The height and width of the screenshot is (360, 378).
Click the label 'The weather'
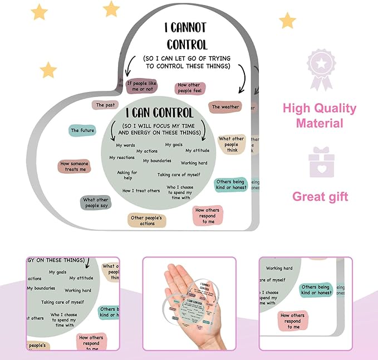tap(225, 107)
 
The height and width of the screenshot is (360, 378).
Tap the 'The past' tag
tap(105, 105)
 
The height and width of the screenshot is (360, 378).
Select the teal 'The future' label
tap(82, 130)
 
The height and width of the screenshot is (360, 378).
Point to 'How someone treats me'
tap(74, 166)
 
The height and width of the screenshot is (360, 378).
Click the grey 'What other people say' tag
tap(95, 203)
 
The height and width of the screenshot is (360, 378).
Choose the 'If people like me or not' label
tap(139, 86)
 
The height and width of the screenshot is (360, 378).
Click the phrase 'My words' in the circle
tap(125, 145)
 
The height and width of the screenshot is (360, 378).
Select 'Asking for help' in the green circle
tap(127, 176)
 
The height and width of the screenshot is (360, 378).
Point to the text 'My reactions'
tap(122, 158)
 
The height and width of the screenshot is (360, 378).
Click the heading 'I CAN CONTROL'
tap(159, 113)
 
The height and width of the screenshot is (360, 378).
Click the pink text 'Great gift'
tap(320, 196)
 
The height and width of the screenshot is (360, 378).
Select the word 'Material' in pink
tap(319, 123)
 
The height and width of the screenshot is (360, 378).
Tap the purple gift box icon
tap(321, 162)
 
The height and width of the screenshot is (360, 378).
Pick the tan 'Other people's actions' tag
tap(147, 220)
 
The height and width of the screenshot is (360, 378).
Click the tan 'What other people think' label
tap(231, 144)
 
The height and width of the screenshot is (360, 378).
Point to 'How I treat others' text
tap(141, 191)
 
